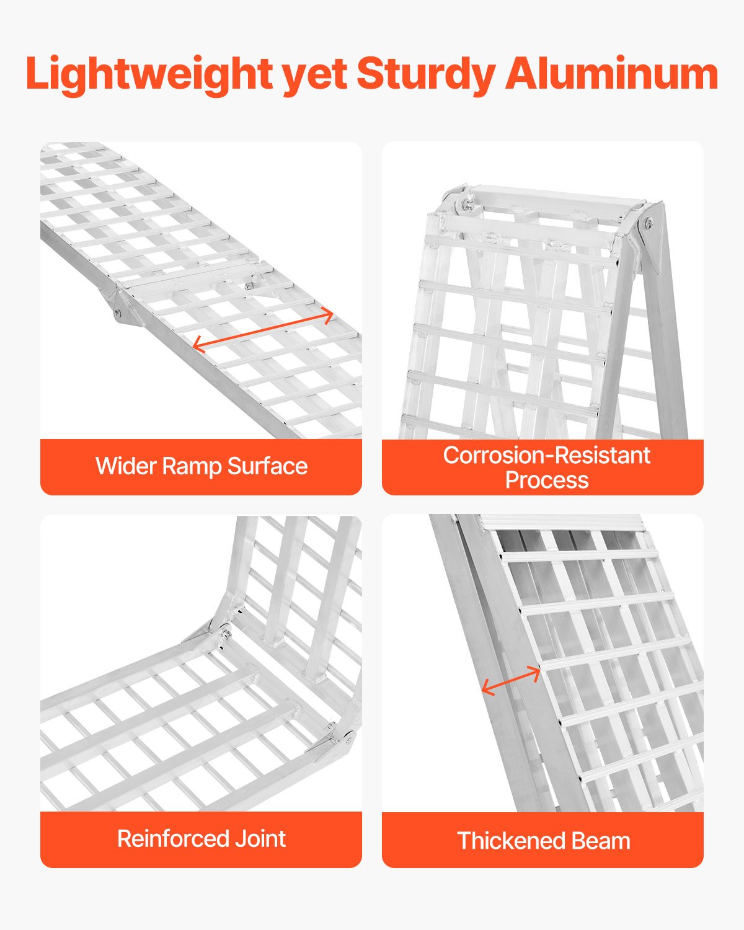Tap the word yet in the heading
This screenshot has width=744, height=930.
click(314, 74)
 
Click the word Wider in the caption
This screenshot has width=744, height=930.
click(126, 466)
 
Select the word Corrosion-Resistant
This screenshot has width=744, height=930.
click(546, 456)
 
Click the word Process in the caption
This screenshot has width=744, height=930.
click(546, 480)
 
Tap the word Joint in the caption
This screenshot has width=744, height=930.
click(260, 839)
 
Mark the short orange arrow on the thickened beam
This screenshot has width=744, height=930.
click(511, 681)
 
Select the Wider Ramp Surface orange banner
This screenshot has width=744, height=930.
click(201, 467)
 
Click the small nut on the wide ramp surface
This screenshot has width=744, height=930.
click(248, 286)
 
